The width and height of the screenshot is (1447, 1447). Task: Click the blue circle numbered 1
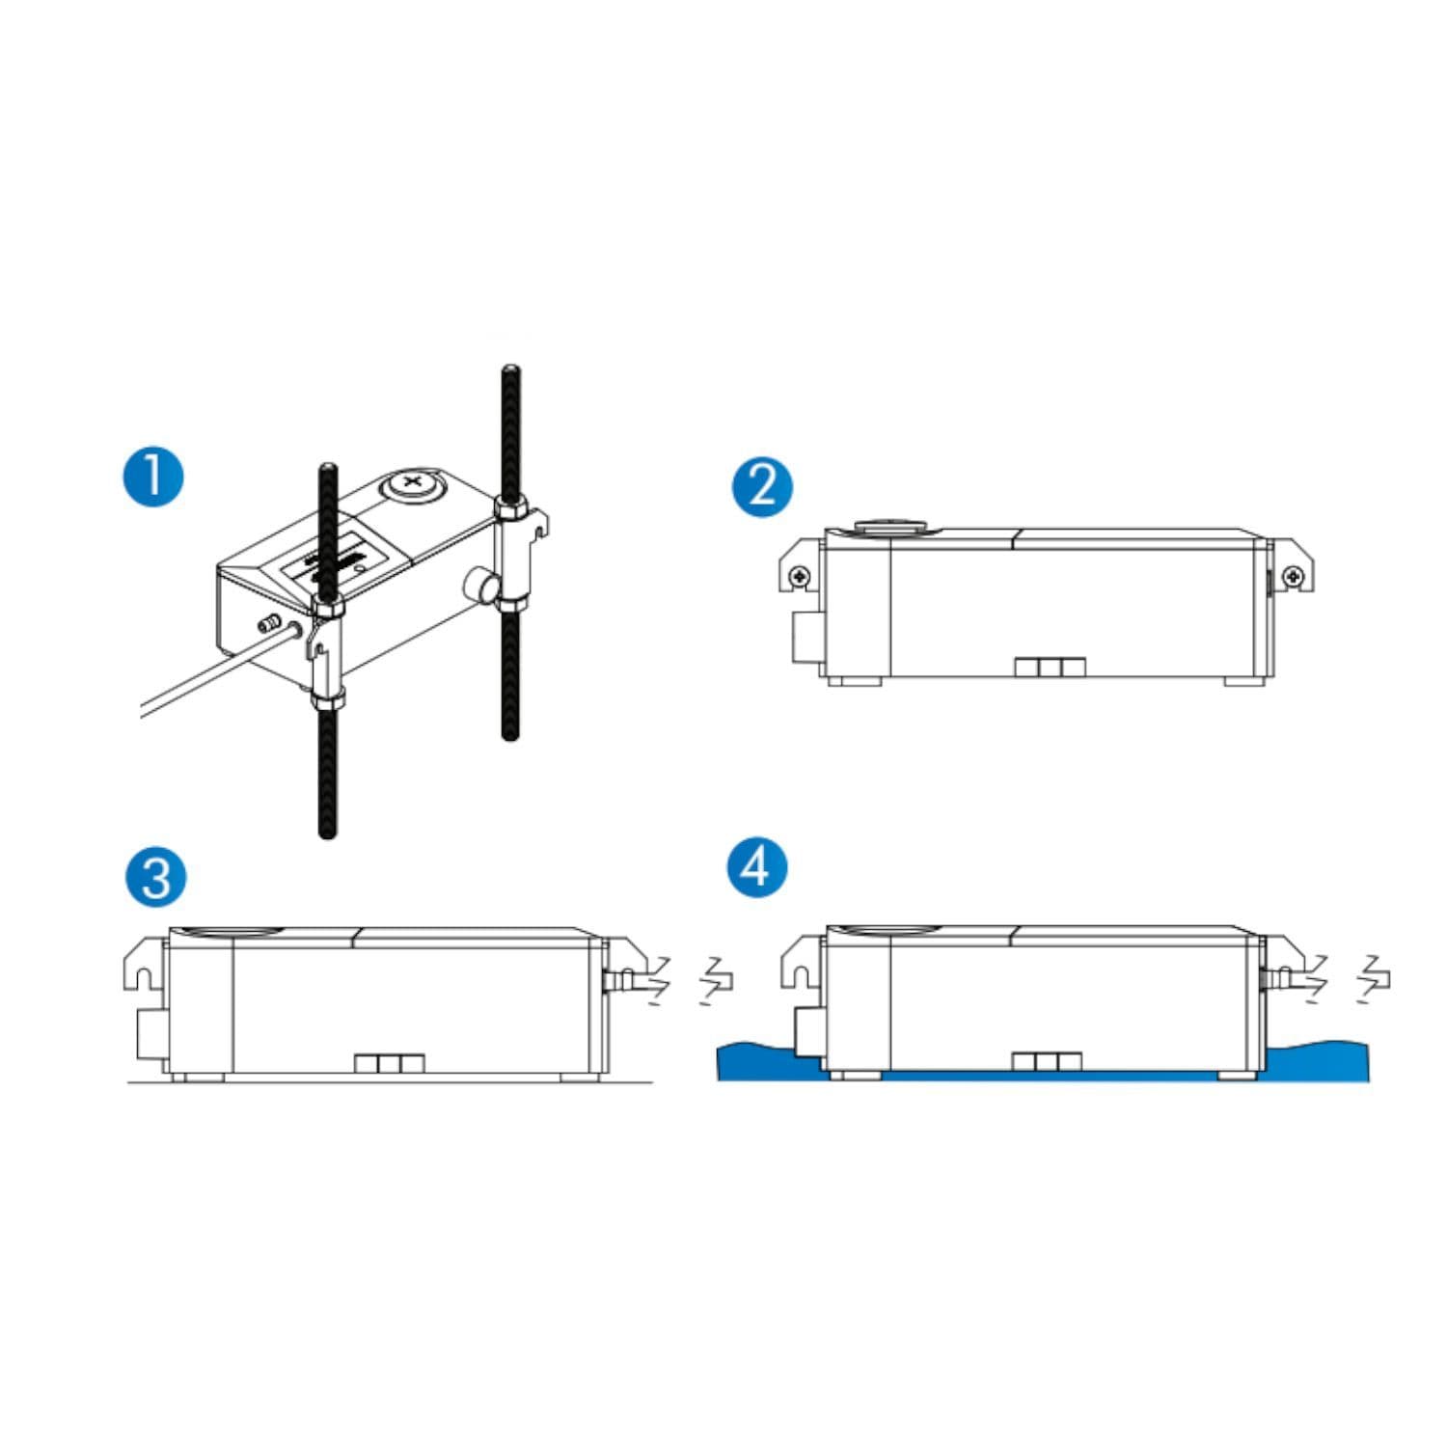154,478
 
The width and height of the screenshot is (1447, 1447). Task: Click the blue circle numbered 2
761,486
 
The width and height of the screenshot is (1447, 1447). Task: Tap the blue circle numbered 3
154,877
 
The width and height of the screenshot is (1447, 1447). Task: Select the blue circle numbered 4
757,865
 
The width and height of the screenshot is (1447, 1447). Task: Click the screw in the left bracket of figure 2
801,576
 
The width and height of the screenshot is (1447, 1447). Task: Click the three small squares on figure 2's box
1051,668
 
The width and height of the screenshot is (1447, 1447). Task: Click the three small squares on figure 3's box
390,1063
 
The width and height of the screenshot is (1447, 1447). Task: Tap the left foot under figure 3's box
201,1077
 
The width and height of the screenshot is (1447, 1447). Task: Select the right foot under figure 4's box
1239,1075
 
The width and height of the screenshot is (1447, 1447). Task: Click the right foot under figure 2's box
1244,681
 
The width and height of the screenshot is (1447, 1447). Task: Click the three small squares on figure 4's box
1048,1062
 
